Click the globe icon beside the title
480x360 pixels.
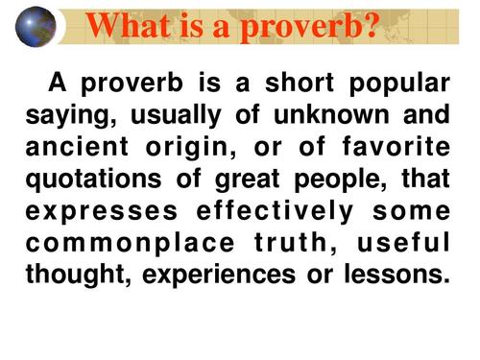(x=36, y=27)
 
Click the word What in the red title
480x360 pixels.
(x=129, y=26)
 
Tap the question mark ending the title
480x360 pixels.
(x=372, y=25)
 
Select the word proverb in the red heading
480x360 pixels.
(x=300, y=28)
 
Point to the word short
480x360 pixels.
(x=300, y=83)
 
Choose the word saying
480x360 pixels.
(x=71, y=117)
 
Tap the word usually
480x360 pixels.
(x=176, y=117)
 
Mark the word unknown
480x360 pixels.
(x=331, y=114)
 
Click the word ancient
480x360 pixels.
(x=77, y=146)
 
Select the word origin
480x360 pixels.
(x=191, y=149)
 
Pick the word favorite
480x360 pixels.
(x=396, y=146)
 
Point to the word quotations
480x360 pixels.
(x=93, y=180)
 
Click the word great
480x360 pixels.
(x=248, y=180)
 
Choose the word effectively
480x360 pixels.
(x=275, y=213)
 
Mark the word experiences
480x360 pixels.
(x=219, y=276)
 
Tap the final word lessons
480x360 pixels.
(x=397, y=274)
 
